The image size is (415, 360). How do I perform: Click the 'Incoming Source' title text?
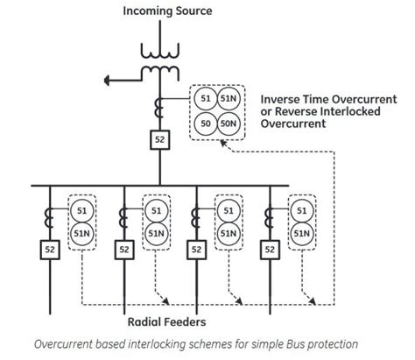167,11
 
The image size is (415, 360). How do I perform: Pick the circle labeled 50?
205,124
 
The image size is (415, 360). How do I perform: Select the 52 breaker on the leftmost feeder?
49,250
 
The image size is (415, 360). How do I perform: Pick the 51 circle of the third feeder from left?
229,211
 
